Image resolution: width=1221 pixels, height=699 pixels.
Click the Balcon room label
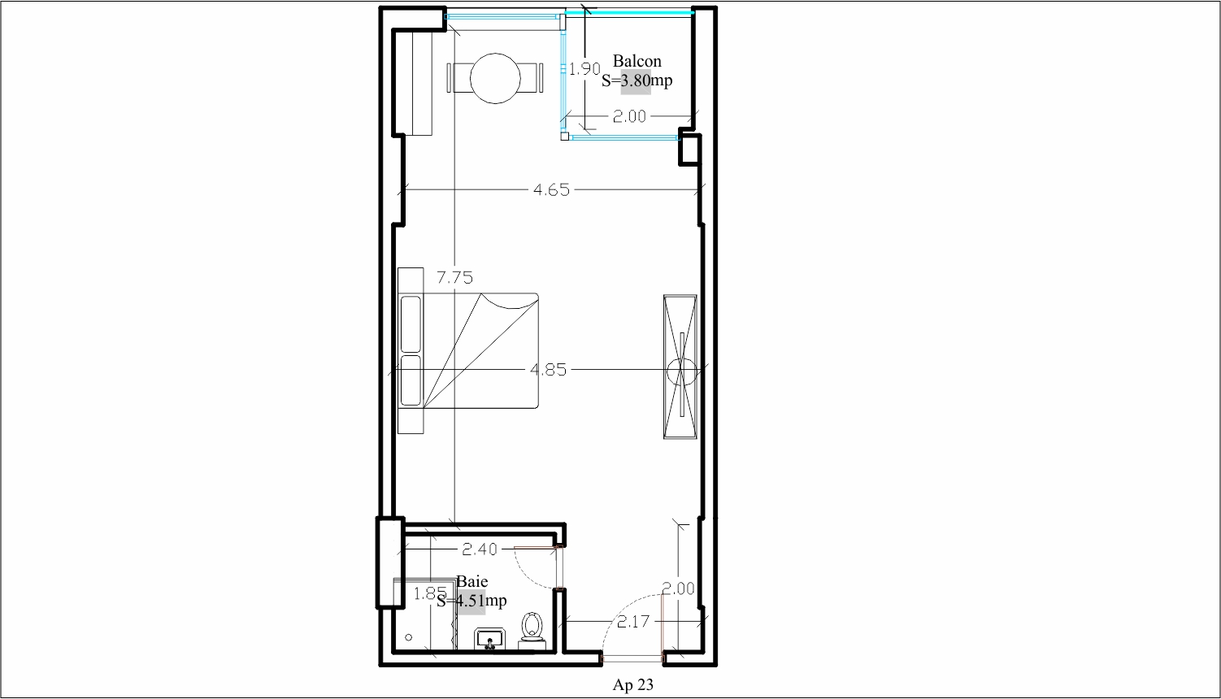tap(637, 61)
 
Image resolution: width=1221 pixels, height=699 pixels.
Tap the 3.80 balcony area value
tap(636, 80)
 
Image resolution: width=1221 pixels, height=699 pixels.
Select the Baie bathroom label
tap(472, 581)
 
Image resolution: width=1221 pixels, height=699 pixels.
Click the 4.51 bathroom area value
tap(471, 601)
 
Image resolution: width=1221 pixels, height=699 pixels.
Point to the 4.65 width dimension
tap(551, 189)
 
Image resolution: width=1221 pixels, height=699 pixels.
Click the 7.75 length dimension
tap(454, 278)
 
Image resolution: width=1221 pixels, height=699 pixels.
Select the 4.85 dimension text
tap(549, 370)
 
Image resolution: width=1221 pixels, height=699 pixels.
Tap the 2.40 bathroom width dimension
tap(480, 549)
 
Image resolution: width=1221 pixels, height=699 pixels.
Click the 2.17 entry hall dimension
tap(633, 621)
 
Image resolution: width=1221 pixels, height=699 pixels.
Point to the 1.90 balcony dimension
tap(584, 69)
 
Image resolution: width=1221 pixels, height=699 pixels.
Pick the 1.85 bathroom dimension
tap(430, 593)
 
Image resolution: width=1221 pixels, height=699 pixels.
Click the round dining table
tap(495, 79)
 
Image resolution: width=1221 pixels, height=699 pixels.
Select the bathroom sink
tap(490, 639)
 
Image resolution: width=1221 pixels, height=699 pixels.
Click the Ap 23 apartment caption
tap(632, 684)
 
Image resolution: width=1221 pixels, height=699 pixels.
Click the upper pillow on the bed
tap(411, 324)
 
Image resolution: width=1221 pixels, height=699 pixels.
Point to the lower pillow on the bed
tap(411, 381)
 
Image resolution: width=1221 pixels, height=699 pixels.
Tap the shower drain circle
tap(409, 637)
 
